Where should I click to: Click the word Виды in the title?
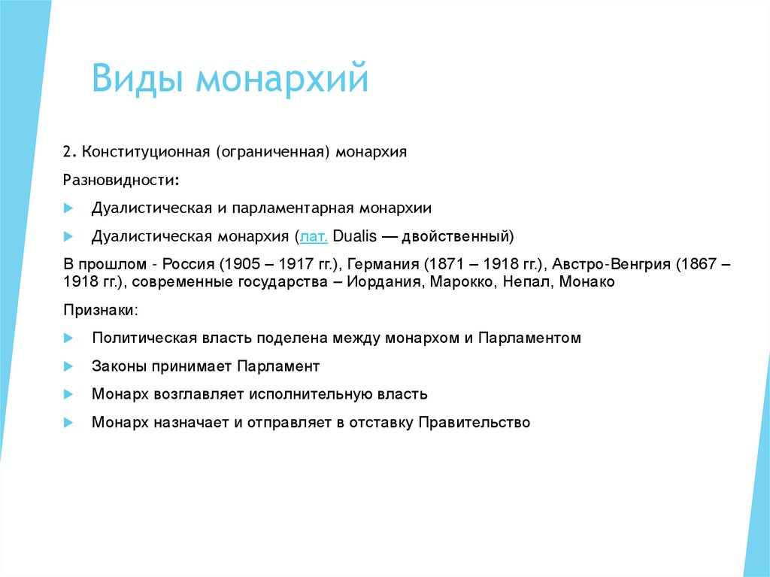(x=137, y=79)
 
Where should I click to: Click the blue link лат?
(x=314, y=236)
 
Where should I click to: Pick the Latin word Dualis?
(x=354, y=236)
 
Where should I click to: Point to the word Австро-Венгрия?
(x=614, y=264)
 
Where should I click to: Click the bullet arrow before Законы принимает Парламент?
(x=68, y=366)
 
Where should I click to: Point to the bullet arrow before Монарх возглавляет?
(x=68, y=394)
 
